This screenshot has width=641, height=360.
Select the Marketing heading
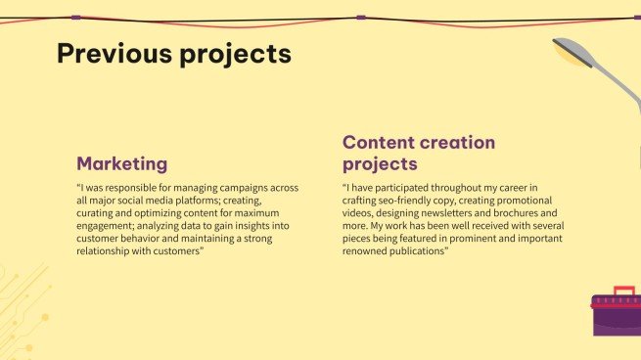(121, 163)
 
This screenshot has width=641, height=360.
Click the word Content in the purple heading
(383, 143)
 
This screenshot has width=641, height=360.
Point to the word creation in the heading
(461, 143)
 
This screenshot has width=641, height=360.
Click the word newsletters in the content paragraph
(459, 212)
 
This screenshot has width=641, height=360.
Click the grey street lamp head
(572, 51)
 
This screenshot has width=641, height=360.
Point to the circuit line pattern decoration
(22, 303)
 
